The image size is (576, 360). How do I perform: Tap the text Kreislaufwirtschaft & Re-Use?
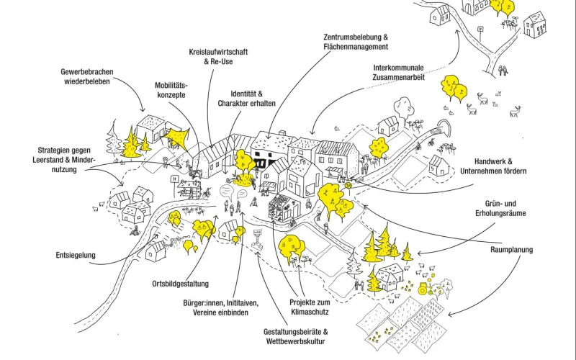(x=220, y=57)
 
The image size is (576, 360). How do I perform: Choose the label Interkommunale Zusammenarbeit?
(x=393, y=73)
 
